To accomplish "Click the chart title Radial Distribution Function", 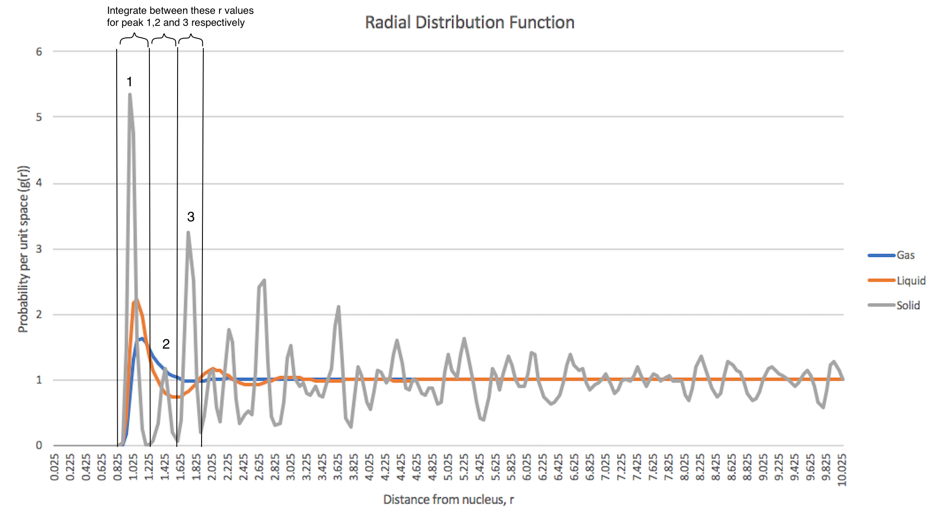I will [469, 23].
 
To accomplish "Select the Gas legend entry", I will [905, 255].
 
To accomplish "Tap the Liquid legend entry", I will [910, 280].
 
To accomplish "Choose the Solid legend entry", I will [908, 305].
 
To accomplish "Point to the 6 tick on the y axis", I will [39, 52].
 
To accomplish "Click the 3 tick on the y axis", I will [39, 249].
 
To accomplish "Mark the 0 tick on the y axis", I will [39, 445].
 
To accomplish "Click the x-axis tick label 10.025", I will [842, 469].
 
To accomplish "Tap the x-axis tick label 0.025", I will [54, 468].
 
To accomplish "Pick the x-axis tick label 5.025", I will [448, 468].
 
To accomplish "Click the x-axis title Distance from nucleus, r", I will [448, 499].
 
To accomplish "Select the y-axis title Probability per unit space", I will [23, 249].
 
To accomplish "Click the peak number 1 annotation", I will [130, 82].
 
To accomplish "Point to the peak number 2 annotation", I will [166, 344].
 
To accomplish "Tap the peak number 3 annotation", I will [190, 217].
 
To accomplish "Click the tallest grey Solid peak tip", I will [130, 95].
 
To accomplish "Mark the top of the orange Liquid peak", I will [136, 301].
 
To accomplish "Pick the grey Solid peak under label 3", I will [188, 232].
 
